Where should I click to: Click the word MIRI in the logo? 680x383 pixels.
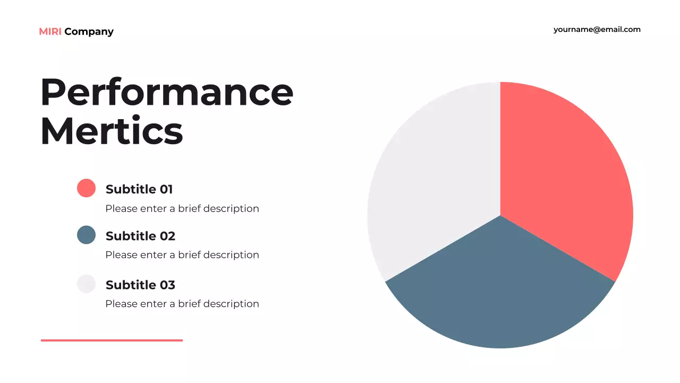pyautogui.click(x=50, y=32)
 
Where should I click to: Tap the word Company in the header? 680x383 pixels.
pyautogui.click(x=89, y=32)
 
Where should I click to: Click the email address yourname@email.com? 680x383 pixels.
pyautogui.click(x=597, y=30)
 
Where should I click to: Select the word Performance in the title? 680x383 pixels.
pyautogui.click(x=167, y=92)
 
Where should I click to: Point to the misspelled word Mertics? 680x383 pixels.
pyautogui.click(x=112, y=130)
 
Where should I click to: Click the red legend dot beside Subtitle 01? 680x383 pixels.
pyautogui.click(x=86, y=188)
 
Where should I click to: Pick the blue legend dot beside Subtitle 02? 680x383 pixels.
pyautogui.click(x=86, y=235)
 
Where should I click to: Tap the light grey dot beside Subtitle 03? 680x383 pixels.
pyautogui.click(x=86, y=284)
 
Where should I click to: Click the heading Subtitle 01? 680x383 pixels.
pyautogui.click(x=139, y=189)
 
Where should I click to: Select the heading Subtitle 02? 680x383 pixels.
pyautogui.click(x=140, y=236)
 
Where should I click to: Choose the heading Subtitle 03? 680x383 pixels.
pyautogui.click(x=140, y=285)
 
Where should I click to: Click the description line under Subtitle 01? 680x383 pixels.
pyautogui.click(x=182, y=209)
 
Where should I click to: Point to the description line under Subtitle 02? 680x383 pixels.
pyautogui.click(x=182, y=255)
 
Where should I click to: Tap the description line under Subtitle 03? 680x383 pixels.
pyautogui.click(x=182, y=304)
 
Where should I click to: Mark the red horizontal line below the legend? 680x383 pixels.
pyautogui.click(x=112, y=340)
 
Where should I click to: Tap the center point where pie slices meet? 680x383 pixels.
pyautogui.click(x=500, y=215)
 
